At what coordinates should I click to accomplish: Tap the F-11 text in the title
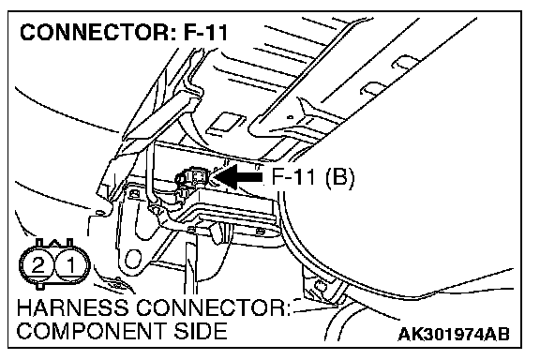pos(206,33)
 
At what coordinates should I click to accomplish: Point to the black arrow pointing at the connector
pos(237,177)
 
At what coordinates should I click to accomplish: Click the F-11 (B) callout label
pos(313,177)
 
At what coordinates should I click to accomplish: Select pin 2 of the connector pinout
pos(37,265)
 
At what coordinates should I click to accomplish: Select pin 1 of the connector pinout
pos(71,265)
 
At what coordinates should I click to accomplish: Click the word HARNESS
pos(72,307)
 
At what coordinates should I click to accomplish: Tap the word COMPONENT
pos(90,331)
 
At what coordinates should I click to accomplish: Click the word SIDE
pos(200,331)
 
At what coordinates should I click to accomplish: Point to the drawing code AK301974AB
pos(454,334)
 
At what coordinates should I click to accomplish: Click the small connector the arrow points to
pos(191,178)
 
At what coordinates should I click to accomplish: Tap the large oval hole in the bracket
pos(132,259)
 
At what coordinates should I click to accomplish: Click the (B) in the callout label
pos(340,178)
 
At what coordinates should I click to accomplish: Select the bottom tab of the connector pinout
pos(40,286)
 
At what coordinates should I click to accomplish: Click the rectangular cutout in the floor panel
pos(226,122)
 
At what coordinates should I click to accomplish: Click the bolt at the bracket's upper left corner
pos(132,194)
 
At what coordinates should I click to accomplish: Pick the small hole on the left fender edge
pos(99,213)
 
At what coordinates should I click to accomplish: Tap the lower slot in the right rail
pos(371,88)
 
